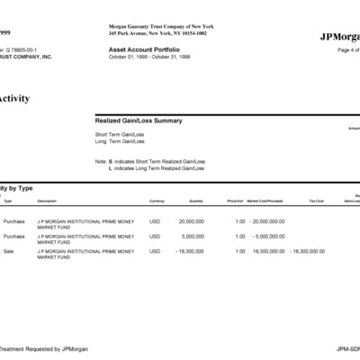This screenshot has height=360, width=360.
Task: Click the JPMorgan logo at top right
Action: point(339,36)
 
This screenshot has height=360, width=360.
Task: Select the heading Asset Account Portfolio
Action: point(143,49)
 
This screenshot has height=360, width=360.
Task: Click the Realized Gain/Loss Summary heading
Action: point(139,120)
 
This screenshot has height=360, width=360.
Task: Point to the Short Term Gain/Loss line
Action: point(120,134)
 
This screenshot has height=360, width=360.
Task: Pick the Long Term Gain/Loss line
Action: point(120,141)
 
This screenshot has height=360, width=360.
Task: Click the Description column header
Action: point(47,201)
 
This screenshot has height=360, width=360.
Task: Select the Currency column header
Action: point(157,201)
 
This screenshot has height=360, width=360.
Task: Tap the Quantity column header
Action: point(196,201)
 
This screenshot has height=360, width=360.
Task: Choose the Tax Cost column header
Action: point(316,201)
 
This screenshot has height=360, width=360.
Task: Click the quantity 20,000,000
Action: point(191,220)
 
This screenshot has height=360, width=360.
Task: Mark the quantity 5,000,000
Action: point(193,236)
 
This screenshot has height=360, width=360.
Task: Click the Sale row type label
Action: point(9,251)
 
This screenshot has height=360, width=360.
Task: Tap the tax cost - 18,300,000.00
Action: point(307,251)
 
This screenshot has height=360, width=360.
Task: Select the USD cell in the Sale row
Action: point(155,251)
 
